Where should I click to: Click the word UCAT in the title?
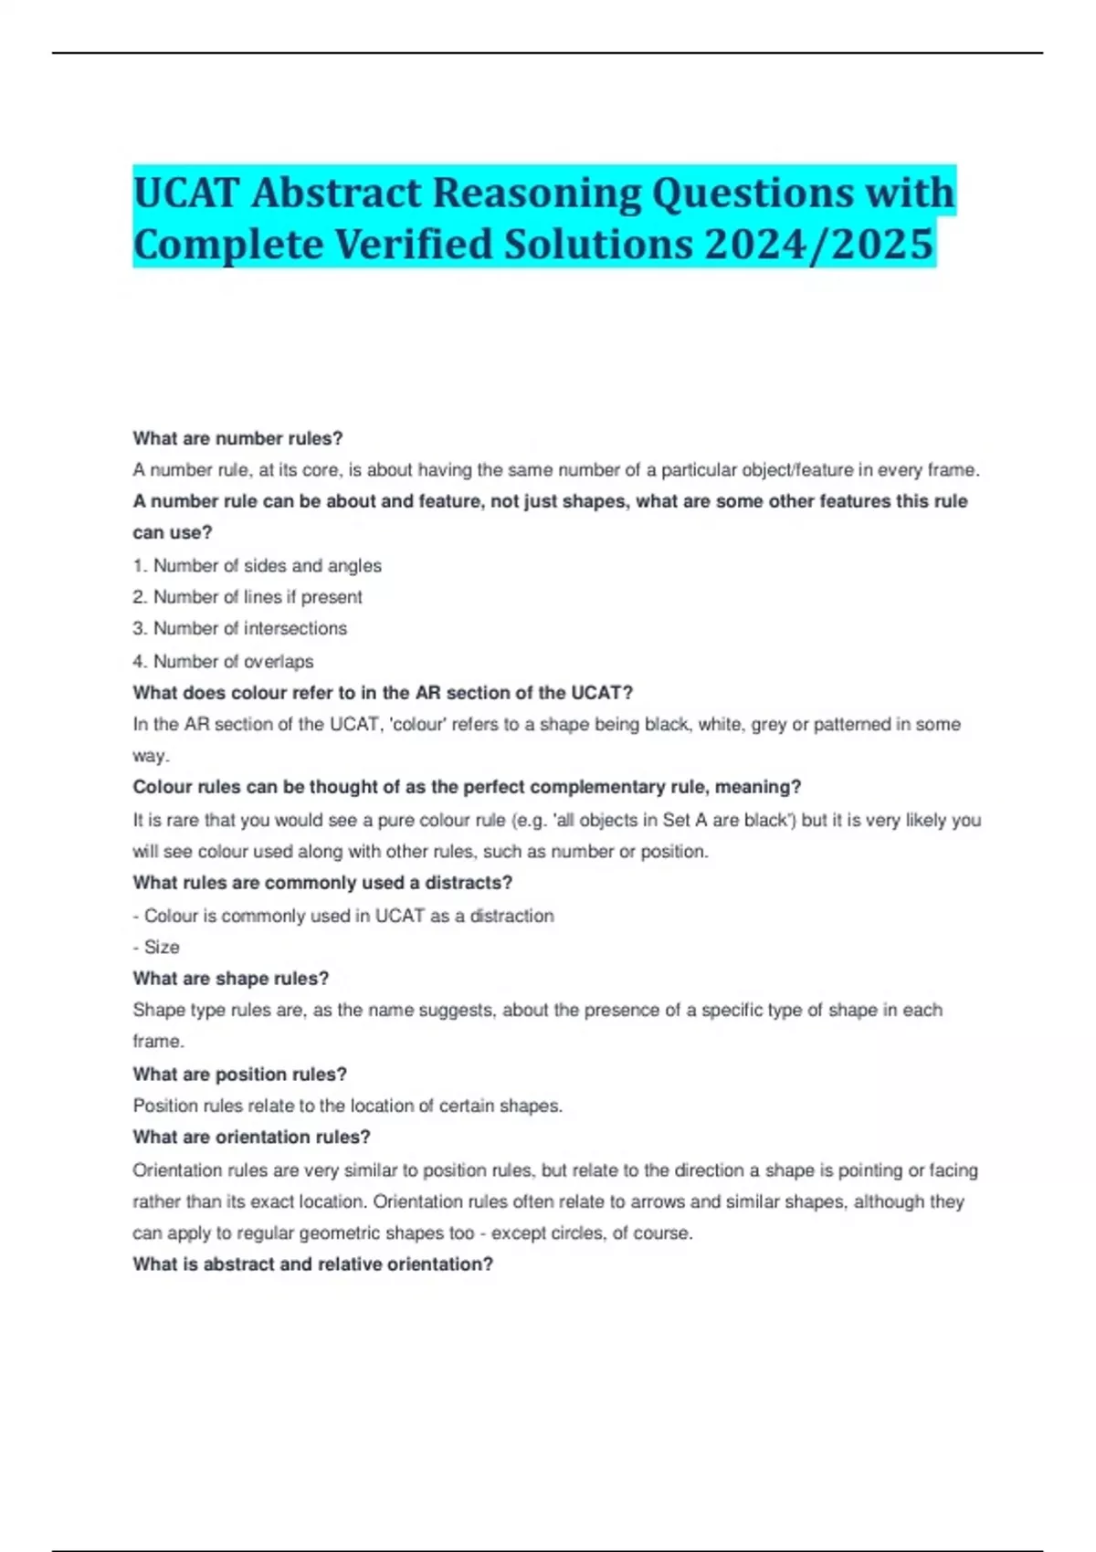(186, 193)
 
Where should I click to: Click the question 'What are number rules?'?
(237, 438)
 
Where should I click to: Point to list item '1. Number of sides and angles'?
(258, 565)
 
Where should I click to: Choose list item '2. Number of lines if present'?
(248, 597)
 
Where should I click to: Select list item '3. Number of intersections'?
(240, 628)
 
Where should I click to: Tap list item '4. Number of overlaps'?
(223, 661)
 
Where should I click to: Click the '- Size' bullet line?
(156, 947)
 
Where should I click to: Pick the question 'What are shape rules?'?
(230, 979)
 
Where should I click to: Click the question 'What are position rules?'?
(239, 1075)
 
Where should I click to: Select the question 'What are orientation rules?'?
(251, 1138)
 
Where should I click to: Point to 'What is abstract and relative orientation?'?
(312, 1264)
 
